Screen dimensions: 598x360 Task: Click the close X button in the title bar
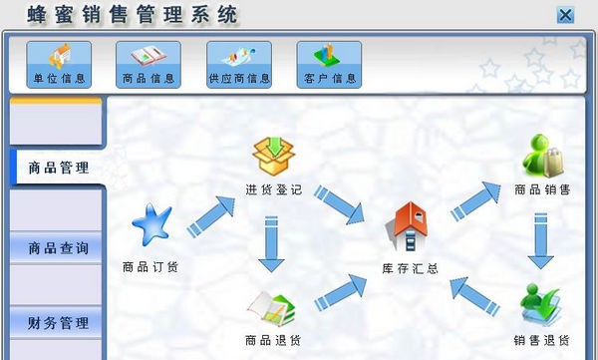point(565,14)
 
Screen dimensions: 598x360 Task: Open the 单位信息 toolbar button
point(65,64)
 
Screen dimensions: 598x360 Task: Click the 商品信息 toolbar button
point(148,64)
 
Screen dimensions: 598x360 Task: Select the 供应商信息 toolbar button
point(238,64)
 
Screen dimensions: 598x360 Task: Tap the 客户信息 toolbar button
point(329,64)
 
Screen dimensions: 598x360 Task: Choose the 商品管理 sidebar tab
point(58,168)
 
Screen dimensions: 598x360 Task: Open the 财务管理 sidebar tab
point(58,323)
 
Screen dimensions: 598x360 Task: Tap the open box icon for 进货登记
point(274,155)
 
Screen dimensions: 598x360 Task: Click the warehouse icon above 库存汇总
point(411,226)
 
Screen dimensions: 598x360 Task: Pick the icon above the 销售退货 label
point(541,304)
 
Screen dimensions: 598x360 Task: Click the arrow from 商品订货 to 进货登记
point(210,215)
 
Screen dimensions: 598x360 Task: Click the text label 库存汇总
point(411,268)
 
